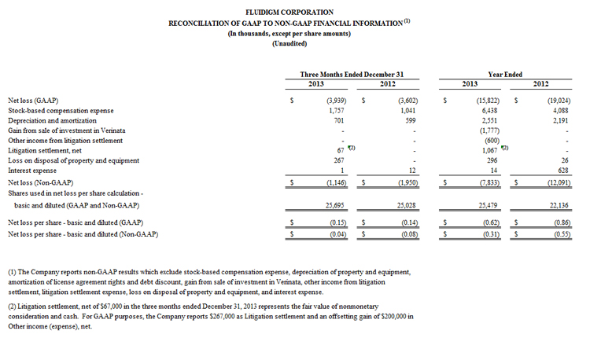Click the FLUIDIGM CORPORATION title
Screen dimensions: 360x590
(x=294, y=13)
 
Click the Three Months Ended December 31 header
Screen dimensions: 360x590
(x=352, y=73)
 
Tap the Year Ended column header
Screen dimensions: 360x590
(x=505, y=73)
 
